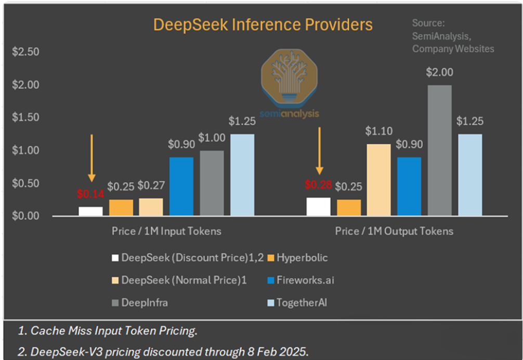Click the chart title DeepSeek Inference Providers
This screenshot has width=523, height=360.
262,25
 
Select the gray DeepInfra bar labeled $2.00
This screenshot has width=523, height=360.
439,150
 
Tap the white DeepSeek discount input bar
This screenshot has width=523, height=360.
90,211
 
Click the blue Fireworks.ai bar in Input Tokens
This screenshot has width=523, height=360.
181,186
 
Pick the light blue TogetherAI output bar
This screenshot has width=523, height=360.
470,175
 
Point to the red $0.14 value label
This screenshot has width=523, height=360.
90,194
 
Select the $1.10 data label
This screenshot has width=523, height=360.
380,131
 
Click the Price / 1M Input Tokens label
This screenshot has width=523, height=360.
166,231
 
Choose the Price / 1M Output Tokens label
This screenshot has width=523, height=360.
394,231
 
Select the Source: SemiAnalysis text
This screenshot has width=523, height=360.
452,36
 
